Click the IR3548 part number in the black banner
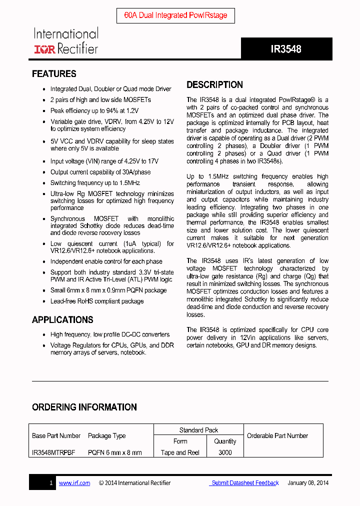[x=286, y=49]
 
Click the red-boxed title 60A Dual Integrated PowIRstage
[x=175, y=15]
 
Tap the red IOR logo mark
[x=44, y=49]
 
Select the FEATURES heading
[x=54, y=74]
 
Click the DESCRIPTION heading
[x=214, y=84]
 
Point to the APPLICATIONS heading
[x=62, y=320]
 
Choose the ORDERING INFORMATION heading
[x=84, y=407]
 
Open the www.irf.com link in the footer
[x=74, y=483]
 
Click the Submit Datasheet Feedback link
[x=244, y=483]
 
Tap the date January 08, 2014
[x=308, y=483]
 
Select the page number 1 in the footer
[x=51, y=483]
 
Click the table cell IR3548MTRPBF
[x=53, y=452]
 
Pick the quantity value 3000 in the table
[x=225, y=452]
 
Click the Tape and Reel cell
[x=180, y=452]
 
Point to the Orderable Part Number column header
[x=277, y=436]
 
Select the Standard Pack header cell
[x=198, y=430]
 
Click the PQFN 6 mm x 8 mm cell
[x=115, y=452]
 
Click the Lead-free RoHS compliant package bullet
[x=97, y=301]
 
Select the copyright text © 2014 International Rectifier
[x=135, y=483]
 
